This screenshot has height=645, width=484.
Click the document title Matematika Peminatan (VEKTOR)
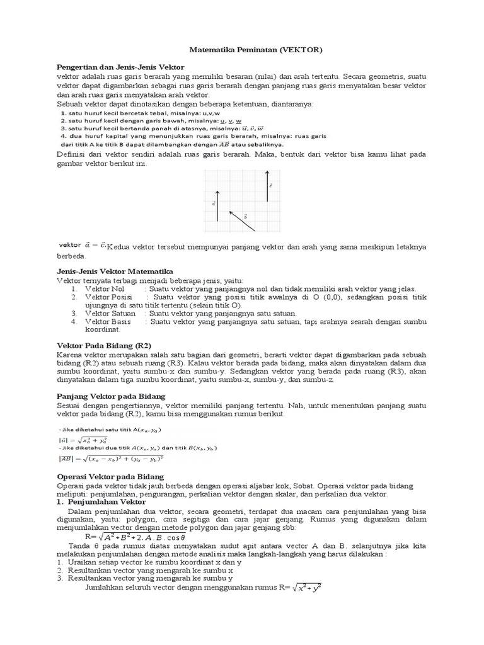tap(258, 49)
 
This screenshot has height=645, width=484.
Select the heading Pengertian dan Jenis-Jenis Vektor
tap(120, 67)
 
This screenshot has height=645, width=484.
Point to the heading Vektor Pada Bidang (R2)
tap(100, 346)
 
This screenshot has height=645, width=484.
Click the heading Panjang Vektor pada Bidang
tap(110, 396)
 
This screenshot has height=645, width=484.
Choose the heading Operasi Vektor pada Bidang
tap(110, 477)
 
